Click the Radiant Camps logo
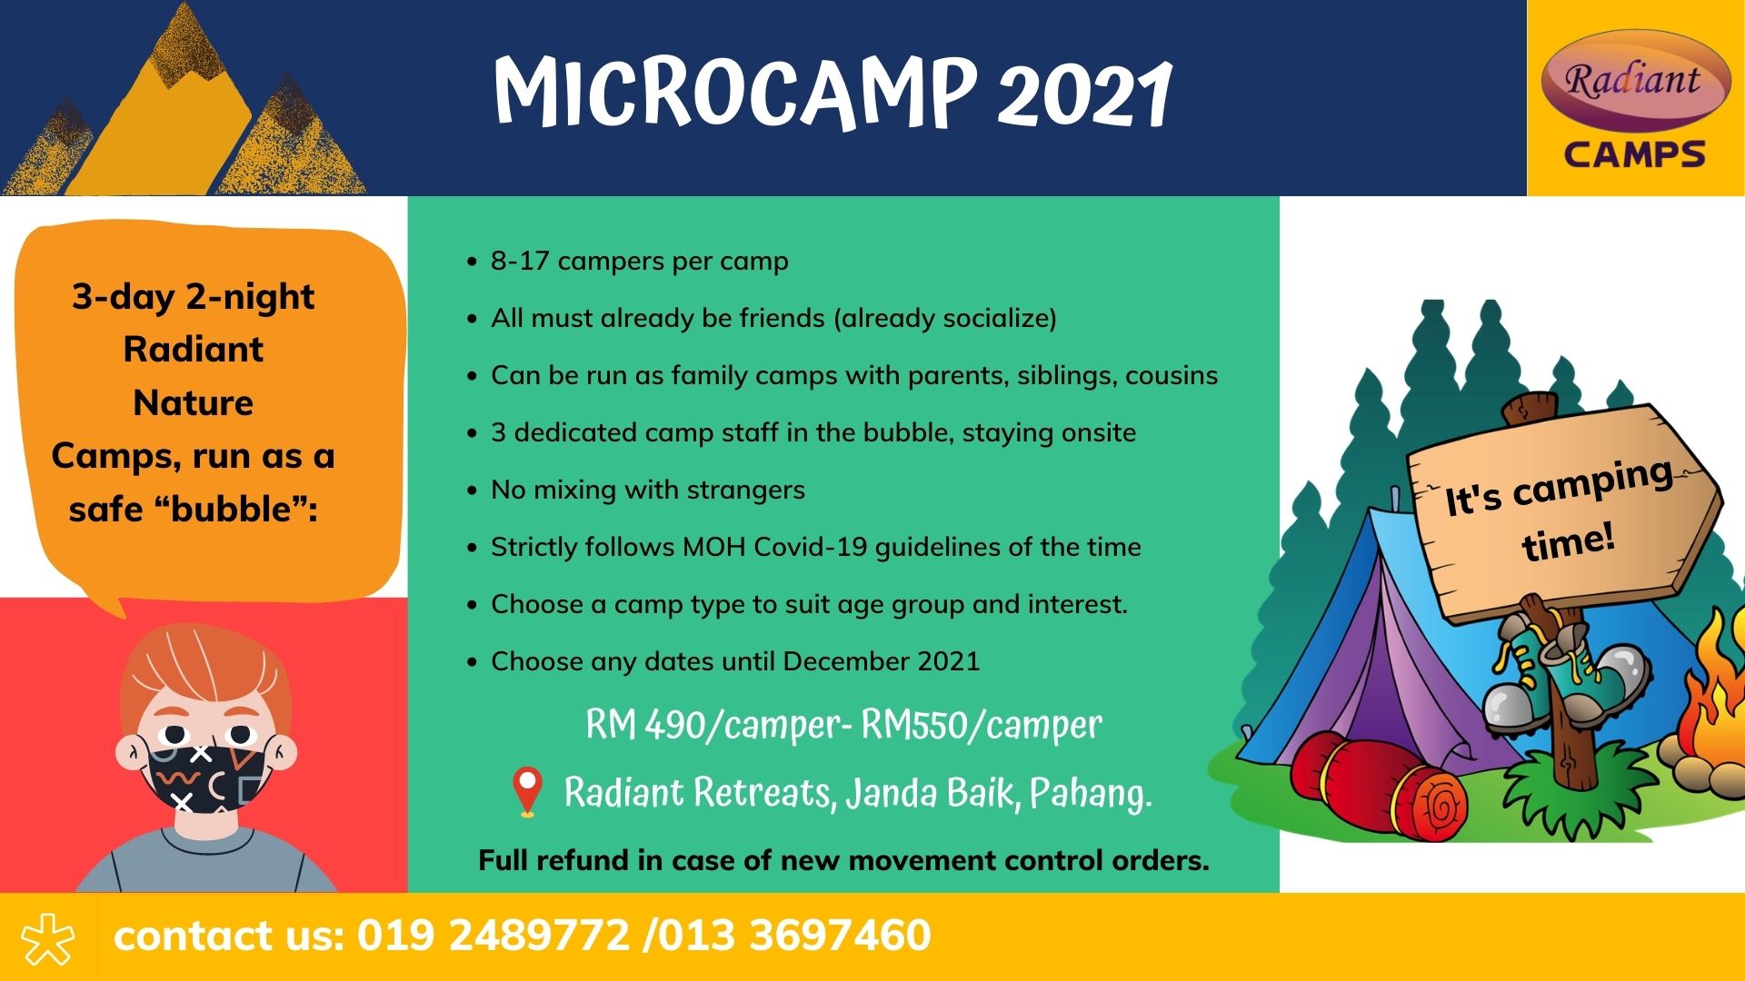point(1635,98)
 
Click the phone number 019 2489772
point(493,936)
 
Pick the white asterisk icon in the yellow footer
point(48,937)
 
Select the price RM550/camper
point(982,725)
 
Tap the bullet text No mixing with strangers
point(648,490)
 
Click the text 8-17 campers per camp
point(640,262)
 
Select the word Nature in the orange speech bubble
point(193,402)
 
